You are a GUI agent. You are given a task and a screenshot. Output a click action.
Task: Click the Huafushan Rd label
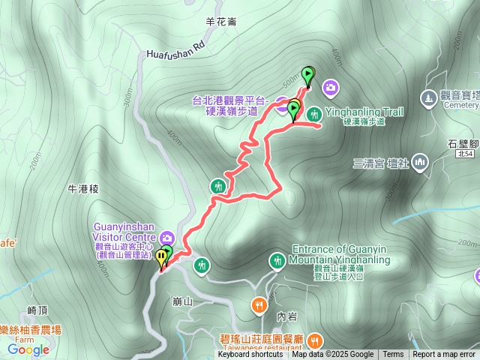[175, 49]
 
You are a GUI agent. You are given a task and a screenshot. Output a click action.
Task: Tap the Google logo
[28, 349]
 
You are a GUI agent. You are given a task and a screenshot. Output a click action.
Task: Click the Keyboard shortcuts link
[250, 355]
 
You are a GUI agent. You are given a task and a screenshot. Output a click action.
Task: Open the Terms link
[393, 355]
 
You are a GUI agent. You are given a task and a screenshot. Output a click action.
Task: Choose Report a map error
[445, 355]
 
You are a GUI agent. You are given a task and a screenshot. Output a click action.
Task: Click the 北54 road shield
[464, 154]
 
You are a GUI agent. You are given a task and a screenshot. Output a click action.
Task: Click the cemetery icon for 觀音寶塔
[428, 97]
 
